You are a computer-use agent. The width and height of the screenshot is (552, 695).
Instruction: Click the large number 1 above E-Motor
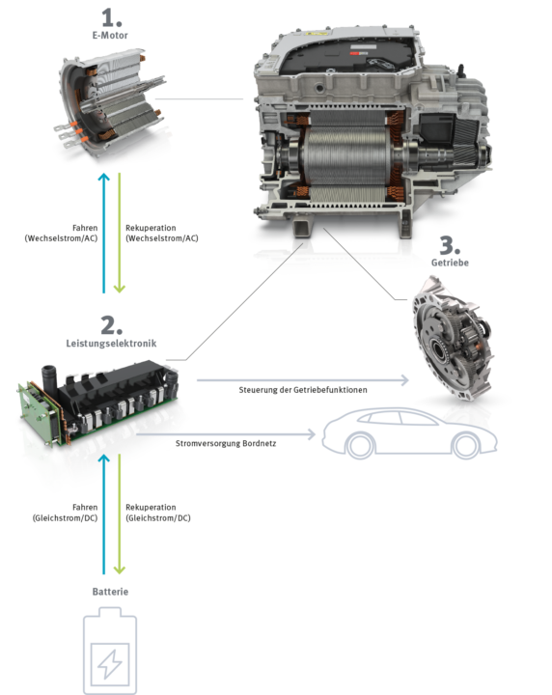[x=111, y=17]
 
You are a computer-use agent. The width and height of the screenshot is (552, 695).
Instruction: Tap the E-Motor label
[x=110, y=36]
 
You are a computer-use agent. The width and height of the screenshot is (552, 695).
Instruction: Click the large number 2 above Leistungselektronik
[x=111, y=326]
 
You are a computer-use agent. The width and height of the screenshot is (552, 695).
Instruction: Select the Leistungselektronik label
[x=111, y=344]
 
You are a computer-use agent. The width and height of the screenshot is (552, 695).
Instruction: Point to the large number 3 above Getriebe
[x=450, y=245]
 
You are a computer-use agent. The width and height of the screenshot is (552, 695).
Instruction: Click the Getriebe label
[x=450, y=263]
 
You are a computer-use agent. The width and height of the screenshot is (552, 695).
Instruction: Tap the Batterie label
[x=110, y=592]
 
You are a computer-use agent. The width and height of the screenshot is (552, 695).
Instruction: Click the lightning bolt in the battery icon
[x=109, y=664]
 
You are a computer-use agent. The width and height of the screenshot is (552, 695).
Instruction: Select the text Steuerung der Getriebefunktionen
[x=303, y=390]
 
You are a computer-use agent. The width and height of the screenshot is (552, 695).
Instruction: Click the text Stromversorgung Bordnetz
[x=226, y=444]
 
